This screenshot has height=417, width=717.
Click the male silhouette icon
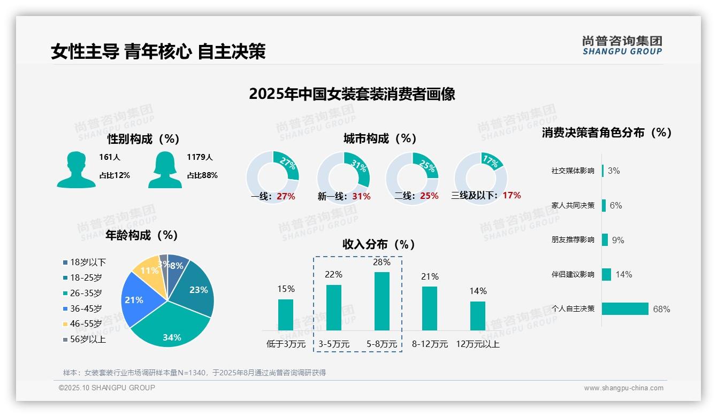click(x=76, y=169)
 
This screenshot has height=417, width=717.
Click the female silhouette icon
click(x=165, y=169)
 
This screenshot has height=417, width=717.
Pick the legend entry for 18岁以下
click(x=84, y=262)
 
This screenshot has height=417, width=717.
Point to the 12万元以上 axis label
click(x=477, y=344)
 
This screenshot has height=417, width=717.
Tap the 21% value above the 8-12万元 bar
click(x=430, y=276)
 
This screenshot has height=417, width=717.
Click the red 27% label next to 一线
click(x=286, y=196)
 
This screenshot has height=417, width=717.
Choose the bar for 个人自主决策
click(x=625, y=308)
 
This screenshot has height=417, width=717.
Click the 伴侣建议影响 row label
click(x=573, y=274)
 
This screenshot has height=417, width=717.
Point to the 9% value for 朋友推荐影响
click(x=618, y=240)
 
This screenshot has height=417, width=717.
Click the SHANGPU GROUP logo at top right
click(x=622, y=45)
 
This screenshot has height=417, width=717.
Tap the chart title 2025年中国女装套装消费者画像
click(x=352, y=94)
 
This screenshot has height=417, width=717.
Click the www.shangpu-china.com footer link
click(x=623, y=388)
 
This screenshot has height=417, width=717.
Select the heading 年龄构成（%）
click(x=142, y=235)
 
